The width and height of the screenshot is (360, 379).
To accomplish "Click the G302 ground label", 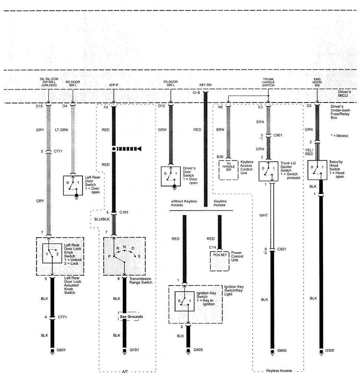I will pyautogui.click(x=330, y=350).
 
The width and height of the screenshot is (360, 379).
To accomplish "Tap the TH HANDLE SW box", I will pyautogui.click(x=228, y=170).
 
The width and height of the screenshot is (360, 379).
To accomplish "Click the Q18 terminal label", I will pyautogui.click(x=196, y=94).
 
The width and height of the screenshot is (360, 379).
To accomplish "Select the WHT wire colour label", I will pyautogui.click(x=263, y=214).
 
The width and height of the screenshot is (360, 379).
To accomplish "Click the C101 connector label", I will pyautogui.click(x=124, y=212).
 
